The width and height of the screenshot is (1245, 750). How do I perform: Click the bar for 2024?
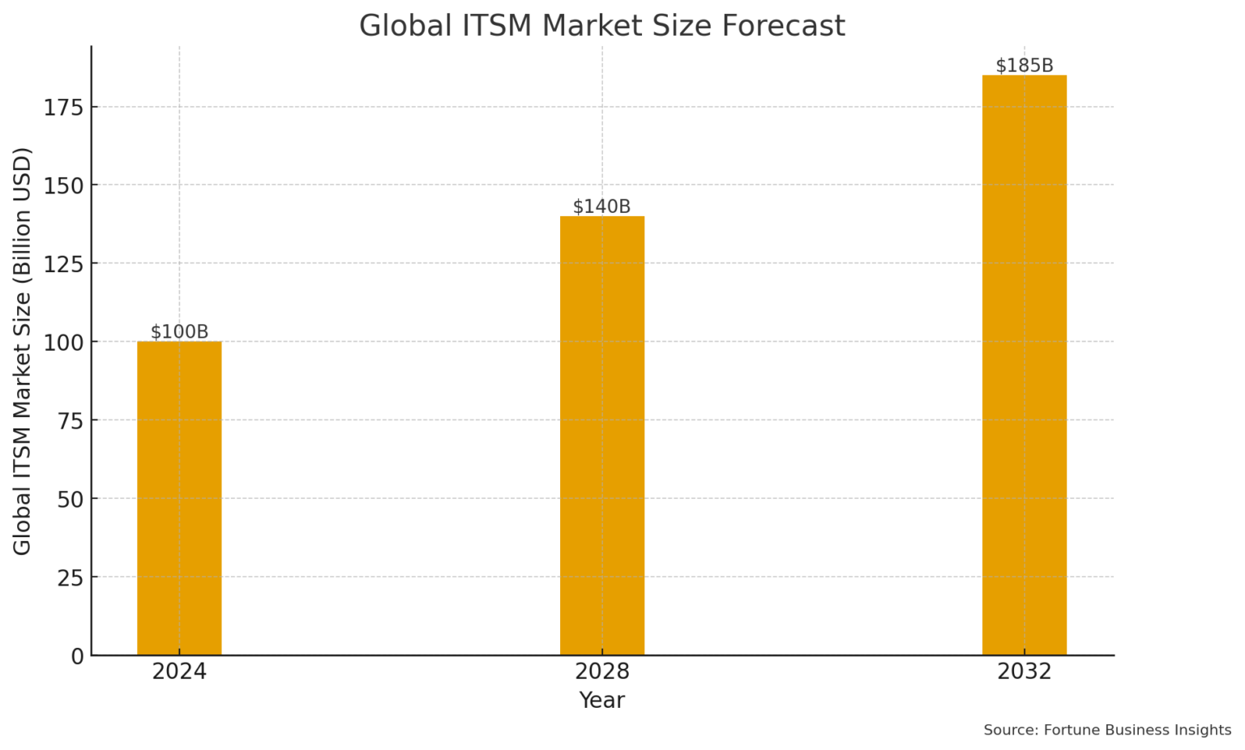[x=179, y=498]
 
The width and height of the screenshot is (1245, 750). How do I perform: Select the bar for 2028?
[x=602, y=436]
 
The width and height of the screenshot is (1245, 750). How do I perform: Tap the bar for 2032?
[x=1025, y=365]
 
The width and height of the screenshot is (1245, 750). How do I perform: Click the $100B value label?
[x=179, y=332]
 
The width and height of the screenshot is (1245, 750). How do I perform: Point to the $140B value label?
[x=602, y=207]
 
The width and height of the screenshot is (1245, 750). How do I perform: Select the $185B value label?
[x=1025, y=66]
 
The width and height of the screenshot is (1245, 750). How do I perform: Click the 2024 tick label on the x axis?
[x=179, y=672]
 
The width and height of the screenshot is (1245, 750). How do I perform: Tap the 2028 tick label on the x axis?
[x=602, y=672]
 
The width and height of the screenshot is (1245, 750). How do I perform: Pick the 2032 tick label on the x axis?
[x=1025, y=672]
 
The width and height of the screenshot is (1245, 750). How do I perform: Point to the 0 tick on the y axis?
[x=77, y=656]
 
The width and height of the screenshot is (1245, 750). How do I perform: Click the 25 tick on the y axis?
[x=71, y=577]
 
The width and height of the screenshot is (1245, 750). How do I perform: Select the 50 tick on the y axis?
[x=71, y=499]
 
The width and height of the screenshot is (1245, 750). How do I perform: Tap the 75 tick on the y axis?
[x=71, y=420]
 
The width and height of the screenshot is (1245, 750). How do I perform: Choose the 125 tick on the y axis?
[x=64, y=264]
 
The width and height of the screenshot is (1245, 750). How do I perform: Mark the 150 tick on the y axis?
[x=64, y=185]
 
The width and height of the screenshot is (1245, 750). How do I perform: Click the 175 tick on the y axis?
[x=64, y=107]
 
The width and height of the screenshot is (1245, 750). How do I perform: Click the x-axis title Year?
[x=601, y=701]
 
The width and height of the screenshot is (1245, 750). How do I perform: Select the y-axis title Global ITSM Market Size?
[x=22, y=351]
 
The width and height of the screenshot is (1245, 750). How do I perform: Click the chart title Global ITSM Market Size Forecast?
[x=602, y=26]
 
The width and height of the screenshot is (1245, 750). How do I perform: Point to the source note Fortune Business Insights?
[x=1107, y=731]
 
